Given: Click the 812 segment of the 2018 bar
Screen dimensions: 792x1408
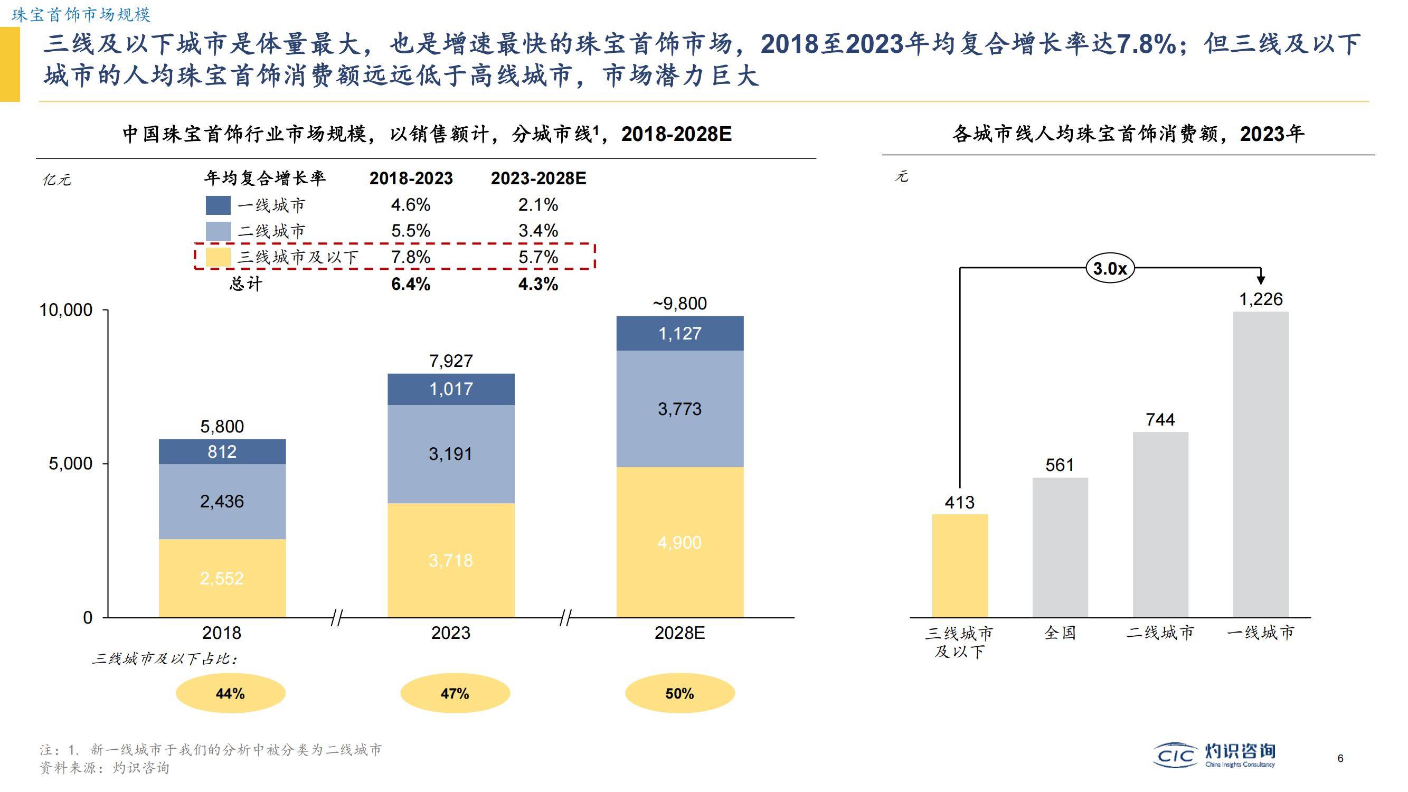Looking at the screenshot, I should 222,451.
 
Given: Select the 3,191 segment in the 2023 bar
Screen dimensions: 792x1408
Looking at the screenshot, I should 450,454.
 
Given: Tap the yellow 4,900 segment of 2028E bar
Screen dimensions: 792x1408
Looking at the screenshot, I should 679,542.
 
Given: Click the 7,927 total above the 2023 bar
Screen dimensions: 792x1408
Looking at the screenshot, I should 450,361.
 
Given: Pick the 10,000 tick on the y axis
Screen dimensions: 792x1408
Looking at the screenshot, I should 65,310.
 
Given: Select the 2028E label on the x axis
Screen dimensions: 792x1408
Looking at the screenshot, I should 679,633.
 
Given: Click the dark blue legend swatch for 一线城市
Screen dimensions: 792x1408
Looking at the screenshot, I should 218,205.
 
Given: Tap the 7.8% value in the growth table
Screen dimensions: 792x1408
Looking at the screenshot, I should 411,257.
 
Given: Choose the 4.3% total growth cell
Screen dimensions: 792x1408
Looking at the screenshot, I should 538,284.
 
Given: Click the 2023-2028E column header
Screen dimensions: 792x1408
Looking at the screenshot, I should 538,178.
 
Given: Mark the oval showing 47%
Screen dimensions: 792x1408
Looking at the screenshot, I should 455,693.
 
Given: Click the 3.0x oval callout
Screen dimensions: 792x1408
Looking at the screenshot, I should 1110,268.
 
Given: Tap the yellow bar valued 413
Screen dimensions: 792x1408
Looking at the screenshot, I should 960,565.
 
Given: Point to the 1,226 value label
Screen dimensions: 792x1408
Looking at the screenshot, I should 1260,299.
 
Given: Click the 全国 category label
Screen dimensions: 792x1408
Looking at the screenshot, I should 1060,633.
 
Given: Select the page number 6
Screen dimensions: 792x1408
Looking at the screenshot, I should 1340,758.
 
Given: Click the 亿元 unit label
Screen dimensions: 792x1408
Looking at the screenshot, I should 56,180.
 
